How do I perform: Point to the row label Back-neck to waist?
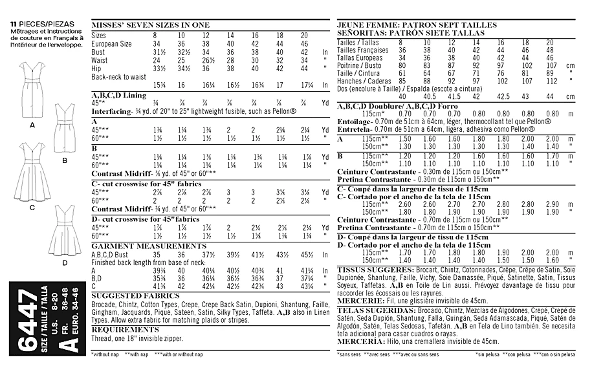pos(119,76)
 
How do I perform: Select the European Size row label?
pos(112,43)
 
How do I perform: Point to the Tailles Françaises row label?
pos(363,48)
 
